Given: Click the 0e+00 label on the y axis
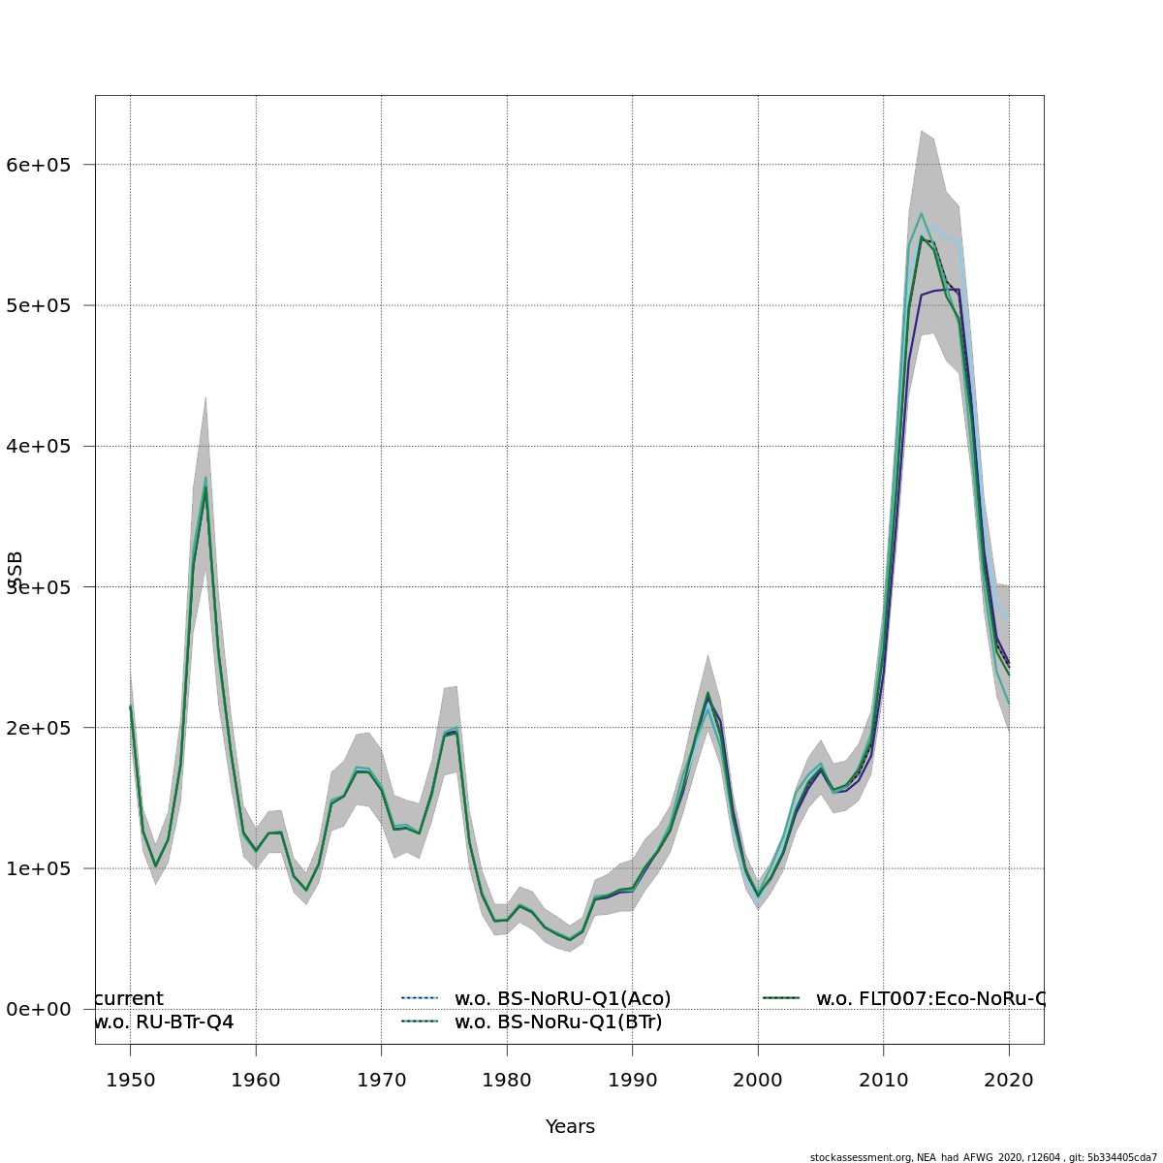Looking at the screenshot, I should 39,1009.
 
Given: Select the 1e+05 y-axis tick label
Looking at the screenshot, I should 39,868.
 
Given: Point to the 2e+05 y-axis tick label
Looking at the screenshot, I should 39,728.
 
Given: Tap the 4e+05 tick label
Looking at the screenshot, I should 39,446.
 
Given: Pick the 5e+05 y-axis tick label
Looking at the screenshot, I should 39,305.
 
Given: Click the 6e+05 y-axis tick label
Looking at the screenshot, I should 39,165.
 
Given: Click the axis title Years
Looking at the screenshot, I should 570,1126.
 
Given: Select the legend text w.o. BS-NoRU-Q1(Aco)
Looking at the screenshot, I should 562,998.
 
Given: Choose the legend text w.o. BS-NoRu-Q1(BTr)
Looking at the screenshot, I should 558,1022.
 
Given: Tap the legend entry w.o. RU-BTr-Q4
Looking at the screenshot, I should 164,1022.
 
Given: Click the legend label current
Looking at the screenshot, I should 130,998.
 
